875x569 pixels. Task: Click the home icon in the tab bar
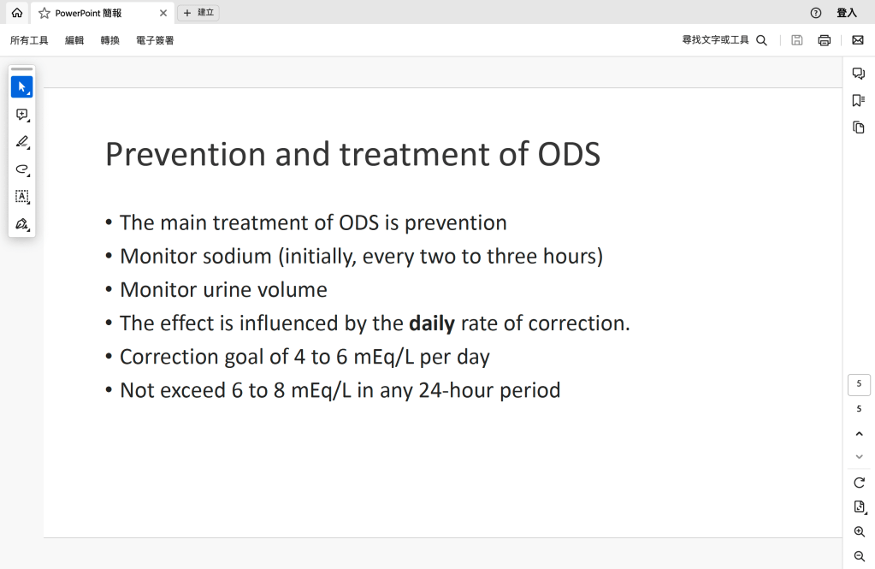17,13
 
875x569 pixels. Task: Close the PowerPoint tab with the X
163,13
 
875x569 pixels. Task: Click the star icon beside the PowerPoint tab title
44,13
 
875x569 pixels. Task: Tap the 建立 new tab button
198,13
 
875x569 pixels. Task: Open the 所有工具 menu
29,40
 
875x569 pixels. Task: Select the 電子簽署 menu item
155,40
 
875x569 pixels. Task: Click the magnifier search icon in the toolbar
762,40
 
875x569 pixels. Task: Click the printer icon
825,40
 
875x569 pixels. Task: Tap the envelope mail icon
858,40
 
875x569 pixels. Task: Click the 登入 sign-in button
847,13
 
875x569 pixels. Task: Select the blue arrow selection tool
21,87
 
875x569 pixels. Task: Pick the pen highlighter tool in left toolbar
21,142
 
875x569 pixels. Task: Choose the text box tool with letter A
21,197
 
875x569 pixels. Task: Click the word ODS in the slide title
569,154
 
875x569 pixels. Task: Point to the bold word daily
432,324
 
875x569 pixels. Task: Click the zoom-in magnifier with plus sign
860,532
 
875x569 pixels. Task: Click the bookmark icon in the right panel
858,100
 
